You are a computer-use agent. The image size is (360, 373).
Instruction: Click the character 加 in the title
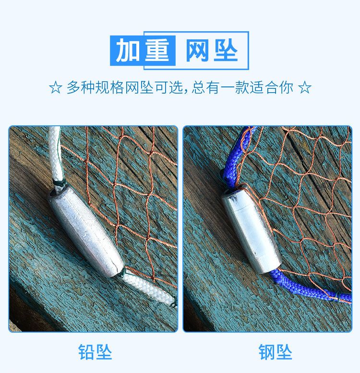pos(128,50)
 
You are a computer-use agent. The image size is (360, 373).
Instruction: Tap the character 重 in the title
pos(157,50)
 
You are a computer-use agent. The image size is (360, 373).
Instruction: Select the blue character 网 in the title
pos(197,50)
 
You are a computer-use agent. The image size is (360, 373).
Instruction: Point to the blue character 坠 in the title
pos(226,50)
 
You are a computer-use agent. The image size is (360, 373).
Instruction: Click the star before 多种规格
pos(55,87)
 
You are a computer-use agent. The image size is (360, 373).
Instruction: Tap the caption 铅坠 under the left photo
pos(95,352)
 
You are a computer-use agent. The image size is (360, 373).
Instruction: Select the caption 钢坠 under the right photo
pos(275,352)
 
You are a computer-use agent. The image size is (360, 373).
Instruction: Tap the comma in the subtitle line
pos(186,91)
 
